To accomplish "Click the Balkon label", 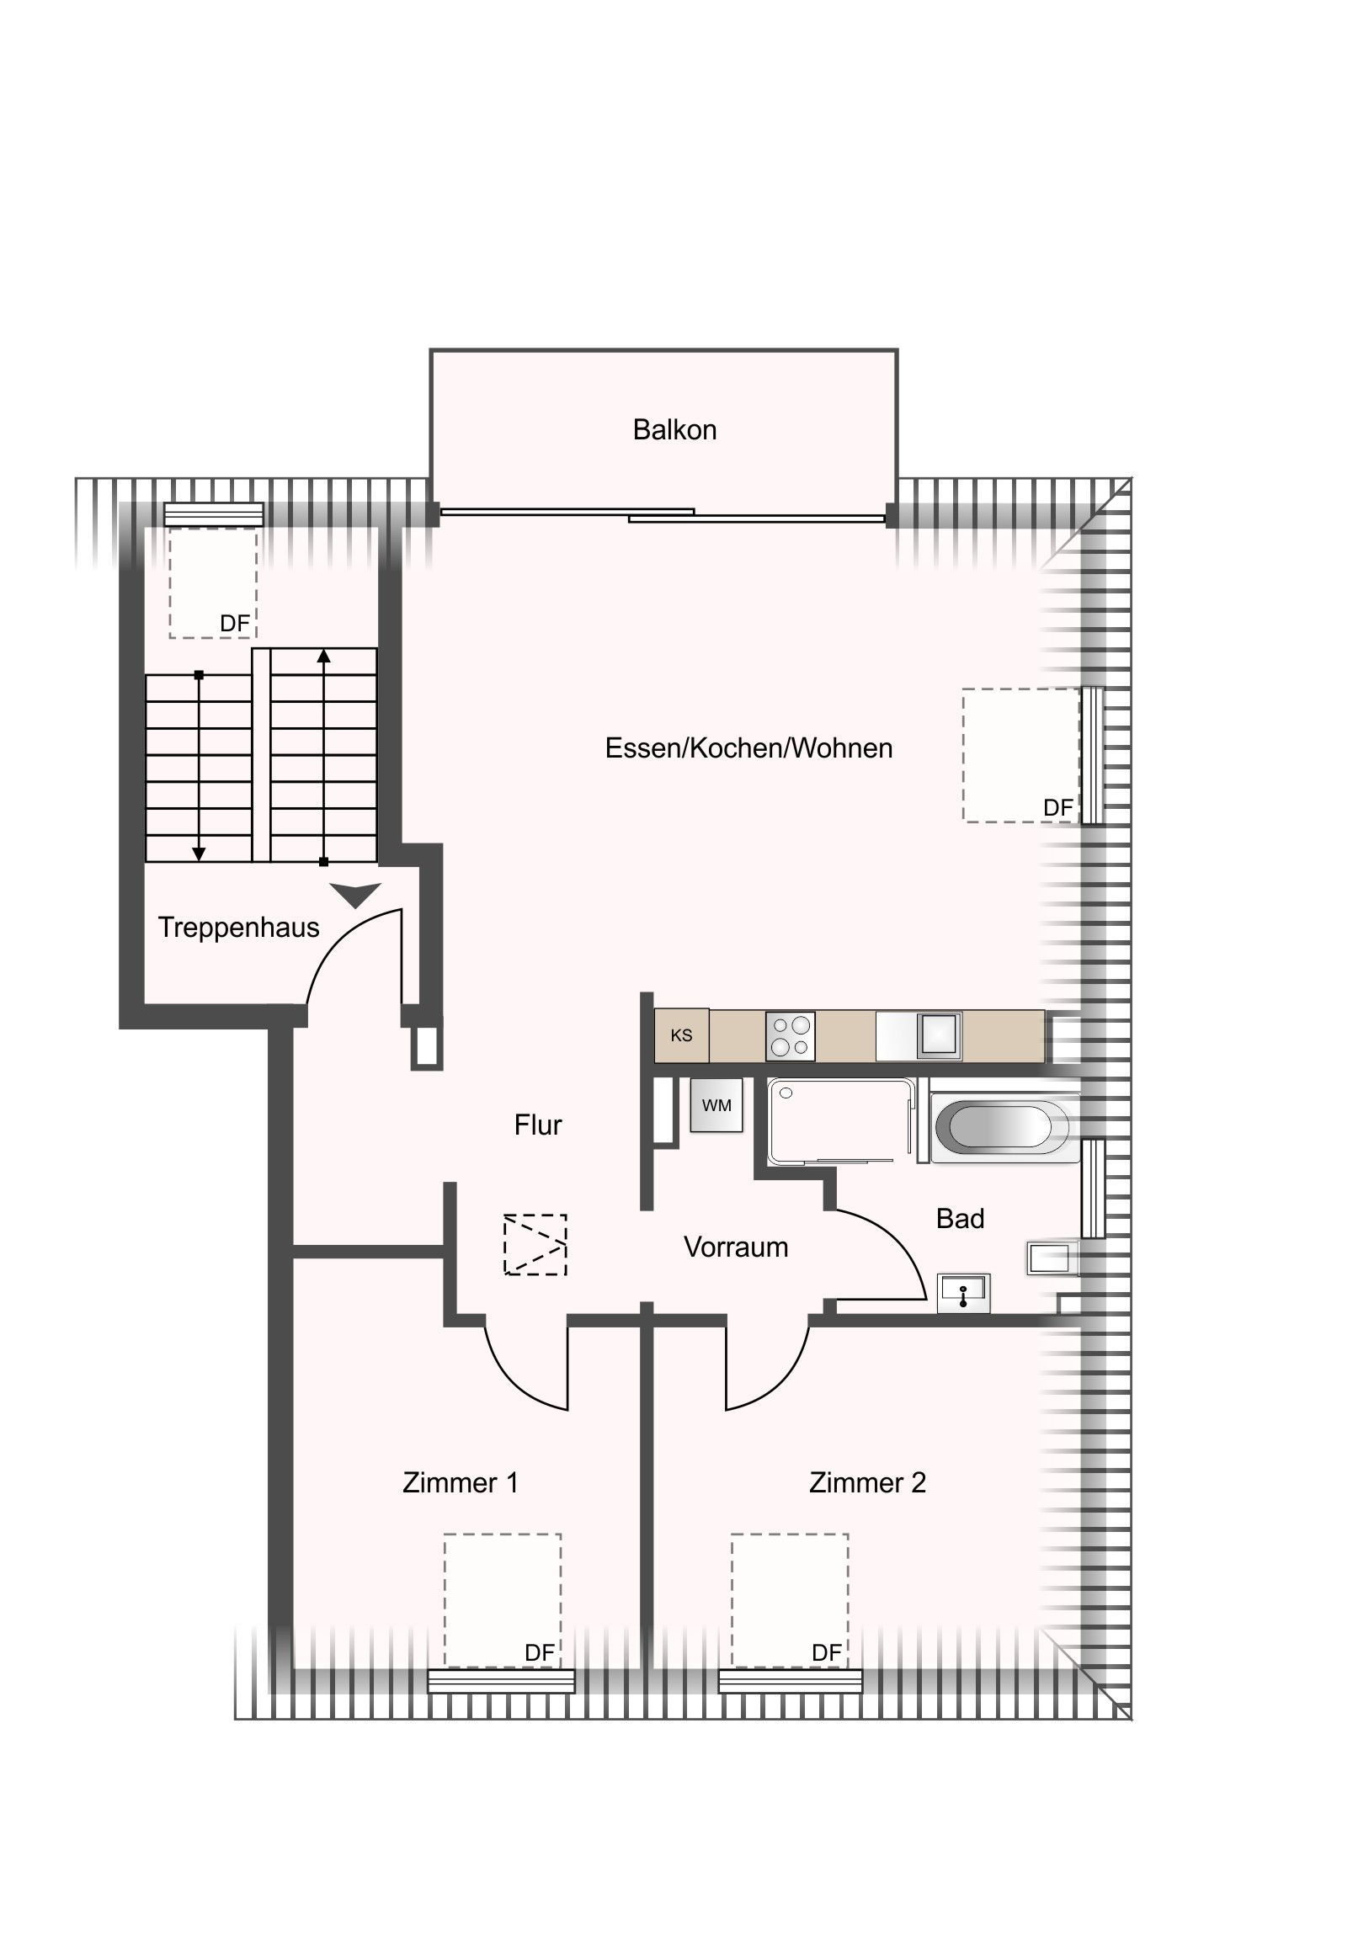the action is click(674, 430).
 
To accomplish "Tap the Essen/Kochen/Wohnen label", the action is click(749, 749).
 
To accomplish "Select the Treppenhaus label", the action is click(239, 928).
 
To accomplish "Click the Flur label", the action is click(538, 1125).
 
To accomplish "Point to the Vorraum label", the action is click(736, 1247).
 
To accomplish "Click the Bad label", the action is click(960, 1219).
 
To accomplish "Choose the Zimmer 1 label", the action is click(461, 1482).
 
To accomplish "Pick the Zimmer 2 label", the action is click(867, 1482).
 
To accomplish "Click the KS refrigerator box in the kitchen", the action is click(681, 1035).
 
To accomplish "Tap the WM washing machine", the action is click(717, 1105).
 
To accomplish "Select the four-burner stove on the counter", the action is click(791, 1036).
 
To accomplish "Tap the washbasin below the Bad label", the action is click(964, 1294).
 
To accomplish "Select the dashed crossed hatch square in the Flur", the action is click(535, 1245).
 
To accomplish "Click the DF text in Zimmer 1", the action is click(540, 1652).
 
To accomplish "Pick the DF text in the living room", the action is click(1058, 808).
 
